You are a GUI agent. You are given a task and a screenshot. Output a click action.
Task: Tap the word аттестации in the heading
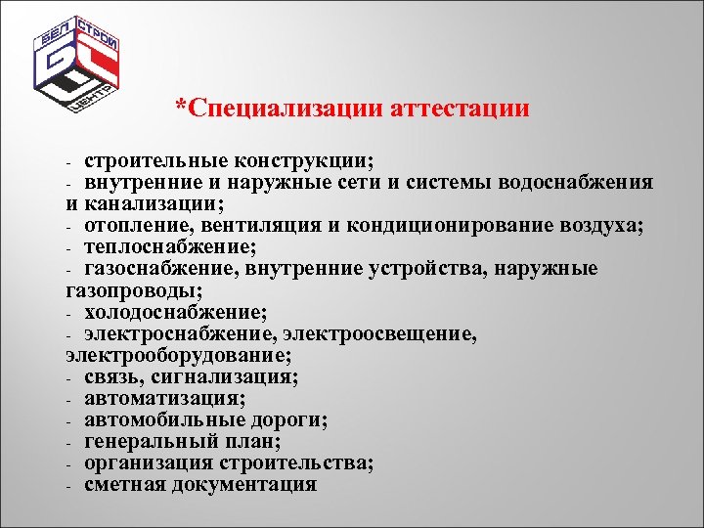coord(460,108)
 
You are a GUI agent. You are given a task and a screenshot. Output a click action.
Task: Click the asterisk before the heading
coord(181,104)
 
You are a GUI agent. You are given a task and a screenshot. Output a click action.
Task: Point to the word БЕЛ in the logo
coord(57,42)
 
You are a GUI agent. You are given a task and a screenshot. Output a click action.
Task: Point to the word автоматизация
coord(164,399)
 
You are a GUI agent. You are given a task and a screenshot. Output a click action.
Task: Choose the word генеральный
coord(152,442)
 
